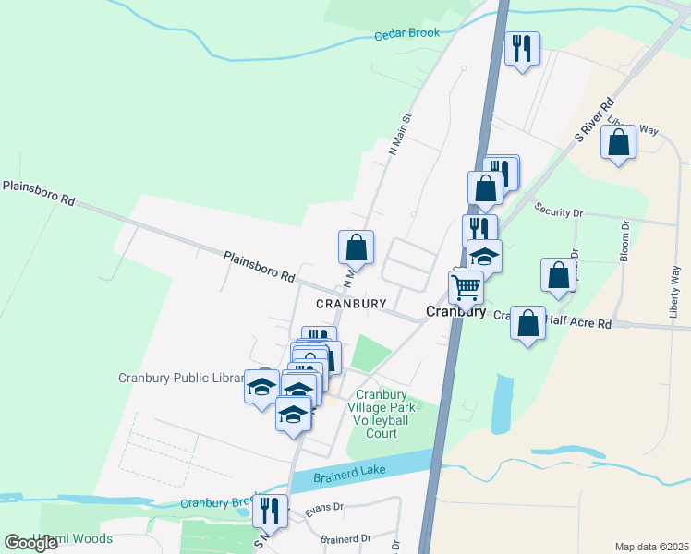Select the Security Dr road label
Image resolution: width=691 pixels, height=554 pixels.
tap(560, 211)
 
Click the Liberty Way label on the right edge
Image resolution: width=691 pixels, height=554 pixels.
tap(675, 291)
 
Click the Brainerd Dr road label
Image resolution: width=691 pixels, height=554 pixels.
tap(345, 537)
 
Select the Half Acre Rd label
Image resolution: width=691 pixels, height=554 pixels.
tap(577, 323)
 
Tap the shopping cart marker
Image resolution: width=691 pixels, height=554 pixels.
tap(466, 287)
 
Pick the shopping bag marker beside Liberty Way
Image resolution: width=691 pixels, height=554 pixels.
tap(618, 143)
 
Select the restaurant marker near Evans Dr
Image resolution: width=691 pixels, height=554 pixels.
tap(270, 510)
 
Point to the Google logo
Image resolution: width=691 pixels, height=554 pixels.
tap(31, 543)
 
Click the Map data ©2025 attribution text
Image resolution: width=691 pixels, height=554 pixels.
tap(651, 547)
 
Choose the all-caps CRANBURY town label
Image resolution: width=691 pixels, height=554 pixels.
tap(349, 303)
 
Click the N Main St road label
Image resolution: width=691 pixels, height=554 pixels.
tap(399, 134)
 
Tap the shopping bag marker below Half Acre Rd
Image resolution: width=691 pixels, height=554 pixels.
tap(527, 323)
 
